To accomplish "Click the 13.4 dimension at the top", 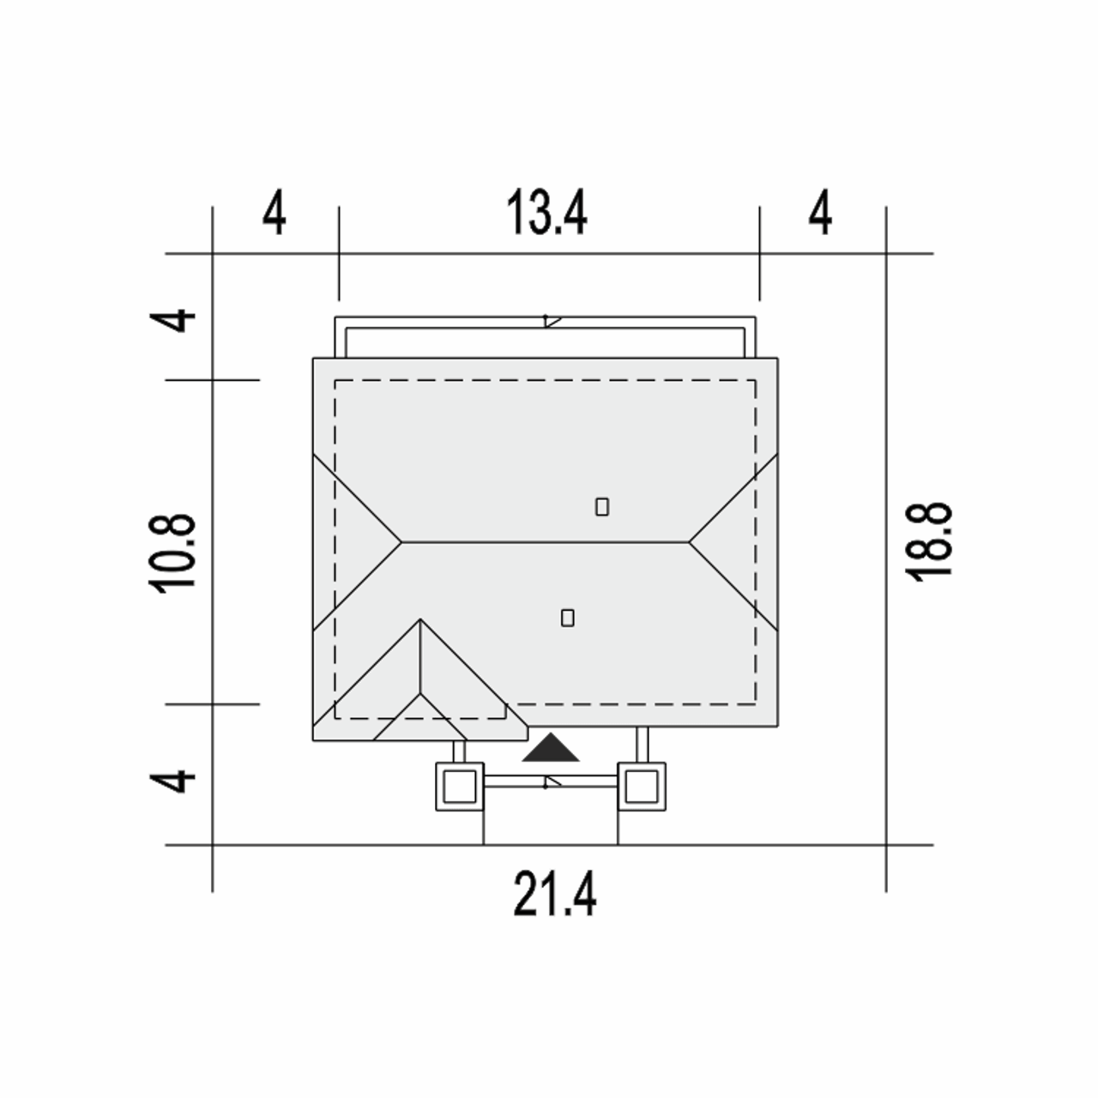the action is pyautogui.click(x=546, y=213).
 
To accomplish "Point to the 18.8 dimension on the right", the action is pyautogui.click(x=928, y=542).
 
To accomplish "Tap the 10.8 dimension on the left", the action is pyautogui.click(x=172, y=553).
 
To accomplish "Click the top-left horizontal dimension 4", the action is pyautogui.click(x=274, y=213).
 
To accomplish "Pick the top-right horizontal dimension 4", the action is pyautogui.click(x=821, y=213).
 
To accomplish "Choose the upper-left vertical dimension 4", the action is pyautogui.click(x=172, y=320).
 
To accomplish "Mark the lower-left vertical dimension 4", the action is pyautogui.click(x=172, y=781).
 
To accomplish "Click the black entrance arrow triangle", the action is pyautogui.click(x=551, y=748).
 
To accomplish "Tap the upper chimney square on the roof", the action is pyautogui.click(x=601, y=507).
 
